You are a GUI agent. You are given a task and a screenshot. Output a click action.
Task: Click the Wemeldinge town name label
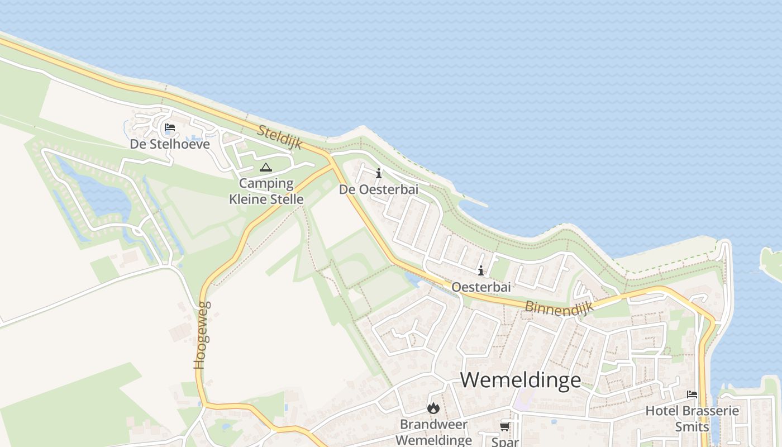point(521,380)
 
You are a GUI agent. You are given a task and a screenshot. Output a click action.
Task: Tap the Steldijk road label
point(280,137)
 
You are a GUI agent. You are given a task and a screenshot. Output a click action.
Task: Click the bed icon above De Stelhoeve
point(170,128)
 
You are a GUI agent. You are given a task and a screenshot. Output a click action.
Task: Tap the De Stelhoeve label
point(170,144)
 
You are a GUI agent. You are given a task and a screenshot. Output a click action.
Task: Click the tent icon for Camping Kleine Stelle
point(266,167)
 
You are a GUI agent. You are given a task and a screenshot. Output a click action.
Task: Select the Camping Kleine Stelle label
point(266,191)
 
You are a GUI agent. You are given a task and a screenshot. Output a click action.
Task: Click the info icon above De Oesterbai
point(379,174)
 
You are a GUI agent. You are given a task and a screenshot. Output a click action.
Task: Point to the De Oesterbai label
point(379,189)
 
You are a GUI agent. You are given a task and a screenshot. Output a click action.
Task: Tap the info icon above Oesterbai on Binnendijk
point(481,271)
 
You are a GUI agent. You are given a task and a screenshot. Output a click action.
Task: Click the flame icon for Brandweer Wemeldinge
point(433,408)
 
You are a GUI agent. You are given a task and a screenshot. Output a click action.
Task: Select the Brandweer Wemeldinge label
point(434,432)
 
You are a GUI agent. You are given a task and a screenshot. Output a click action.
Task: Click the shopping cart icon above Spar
point(504,427)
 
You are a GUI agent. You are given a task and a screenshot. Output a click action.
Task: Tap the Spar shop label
point(504,441)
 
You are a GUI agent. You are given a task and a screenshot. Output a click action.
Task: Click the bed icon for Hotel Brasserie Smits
point(692,394)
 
